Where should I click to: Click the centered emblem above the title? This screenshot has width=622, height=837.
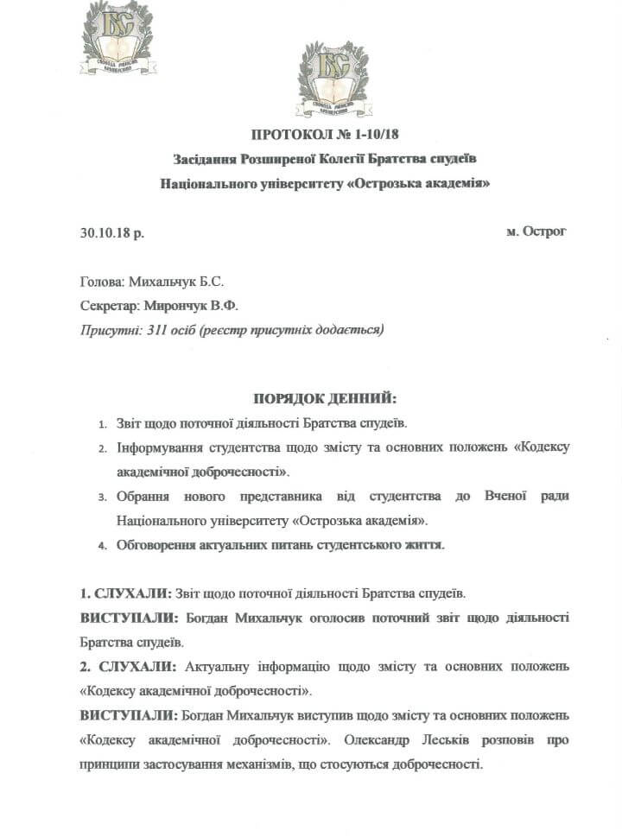pyautogui.click(x=333, y=79)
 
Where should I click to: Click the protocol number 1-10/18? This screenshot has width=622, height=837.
pyautogui.click(x=378, y=134)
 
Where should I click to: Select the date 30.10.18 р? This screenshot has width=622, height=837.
pyautogui.click(x=112, y=232)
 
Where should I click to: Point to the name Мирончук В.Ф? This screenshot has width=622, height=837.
pyautogui.click(x=185, y=305)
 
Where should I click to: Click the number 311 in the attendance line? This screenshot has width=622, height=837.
pyautogui.click(x=158, y=329)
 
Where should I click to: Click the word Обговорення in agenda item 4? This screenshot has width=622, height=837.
pyautogui.click(x=159, y=545)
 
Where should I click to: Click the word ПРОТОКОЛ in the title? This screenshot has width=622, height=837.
pyautogui.click(x=288, y=134)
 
